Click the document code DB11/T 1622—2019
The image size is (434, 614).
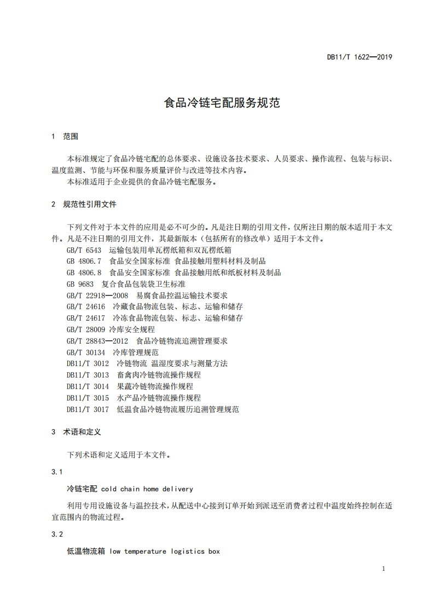click(x=360, y=57)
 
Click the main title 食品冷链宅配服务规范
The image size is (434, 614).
click(x=222, y=103)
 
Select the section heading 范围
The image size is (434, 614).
click(x=71, y=136)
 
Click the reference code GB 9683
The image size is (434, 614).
click(x=80, y=284)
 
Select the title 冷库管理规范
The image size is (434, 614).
click(x=135, y=352)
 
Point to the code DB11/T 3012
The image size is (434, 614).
click(x=88, y=363)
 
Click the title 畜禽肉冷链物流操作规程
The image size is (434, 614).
click(x=159, y=375)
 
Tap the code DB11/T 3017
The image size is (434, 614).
click(x=88, y=409)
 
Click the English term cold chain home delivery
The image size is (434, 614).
click(x=147, y=489)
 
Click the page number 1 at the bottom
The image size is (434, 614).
click(x=384, y=569)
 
